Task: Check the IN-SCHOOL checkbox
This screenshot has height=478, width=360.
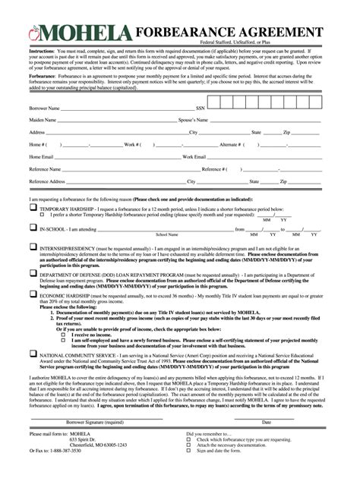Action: tap(33, 228)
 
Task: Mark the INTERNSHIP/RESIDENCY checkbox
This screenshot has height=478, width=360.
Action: tap(33, 247)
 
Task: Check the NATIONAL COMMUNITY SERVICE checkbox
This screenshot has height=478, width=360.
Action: tap(33, 353)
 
